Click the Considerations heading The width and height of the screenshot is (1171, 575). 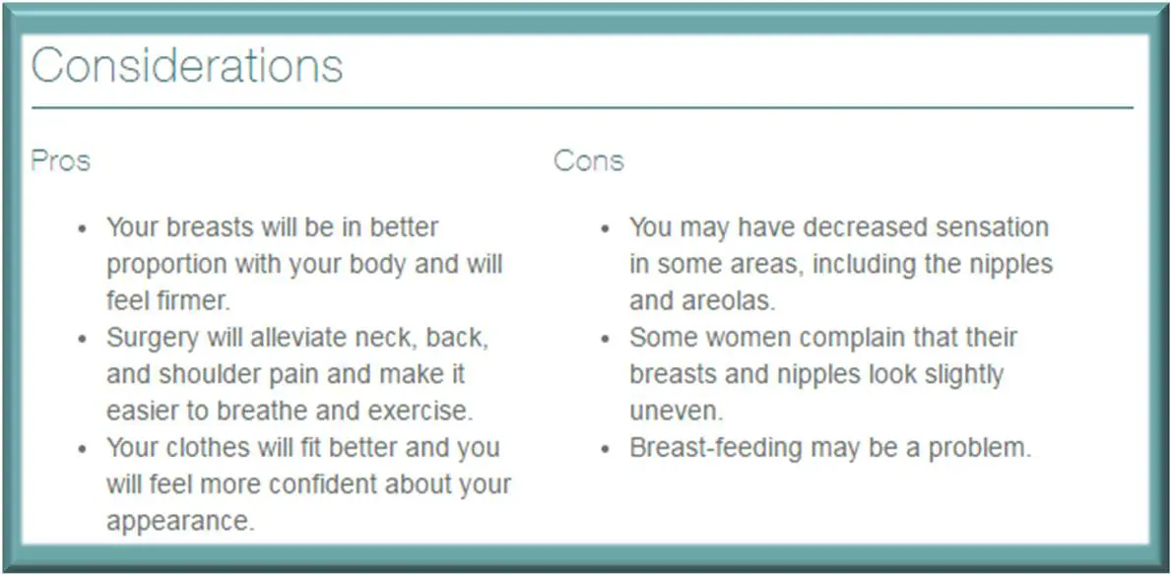pyautogui.click(x=187, y=66)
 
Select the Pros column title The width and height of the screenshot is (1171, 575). pyautogui.click(x=61, y=160)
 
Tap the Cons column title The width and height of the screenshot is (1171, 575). pyautogui.click(x=588, y=160)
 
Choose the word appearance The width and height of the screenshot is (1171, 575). pyautogui.click(x=180, y=522)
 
